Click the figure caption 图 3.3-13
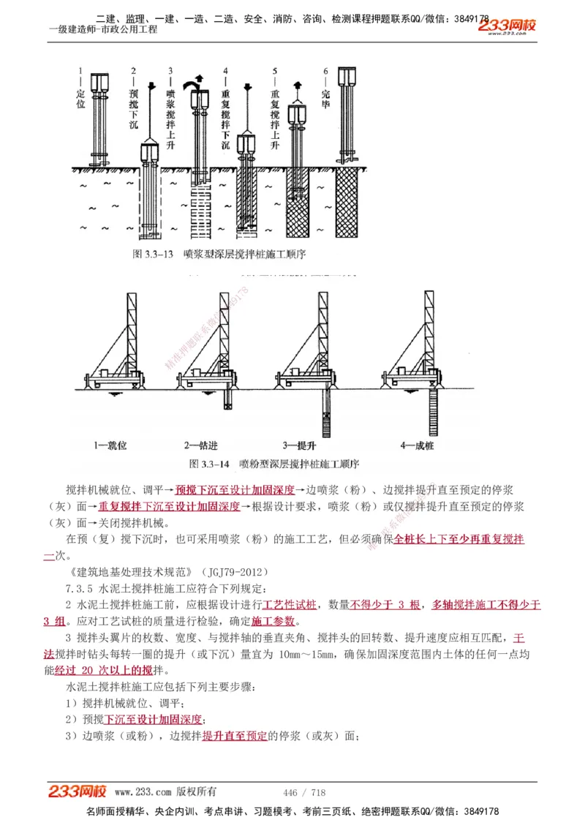click(153, 254)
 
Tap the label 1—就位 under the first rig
click(110, 444)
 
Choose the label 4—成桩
click(418, 444)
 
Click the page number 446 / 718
click(303, 792)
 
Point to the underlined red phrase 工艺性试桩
click(290, 604)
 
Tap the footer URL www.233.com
click(143, 792)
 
